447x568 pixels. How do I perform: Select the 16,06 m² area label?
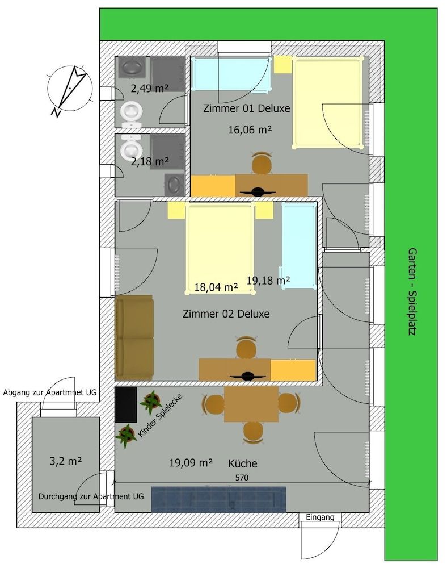point(250,130)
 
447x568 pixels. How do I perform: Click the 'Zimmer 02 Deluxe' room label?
point(226,314)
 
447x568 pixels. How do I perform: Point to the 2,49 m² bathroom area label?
point(150,88)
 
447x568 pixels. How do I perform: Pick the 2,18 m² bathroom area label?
point(150,162)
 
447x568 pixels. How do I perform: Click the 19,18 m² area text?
point(269,279)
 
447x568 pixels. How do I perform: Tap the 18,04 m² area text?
point(216,287)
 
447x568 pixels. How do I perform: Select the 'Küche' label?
point(243,463)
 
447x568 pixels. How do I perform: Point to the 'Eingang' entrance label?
point(321,517)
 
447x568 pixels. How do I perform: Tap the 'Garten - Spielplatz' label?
point(412,291)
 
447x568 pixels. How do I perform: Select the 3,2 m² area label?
point(66,461)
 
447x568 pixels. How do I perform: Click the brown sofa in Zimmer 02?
point(134,337)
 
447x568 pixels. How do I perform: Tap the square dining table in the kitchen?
point(251,404)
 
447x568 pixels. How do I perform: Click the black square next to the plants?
point(126,404)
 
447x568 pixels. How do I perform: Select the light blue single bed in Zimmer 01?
point(230,73)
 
